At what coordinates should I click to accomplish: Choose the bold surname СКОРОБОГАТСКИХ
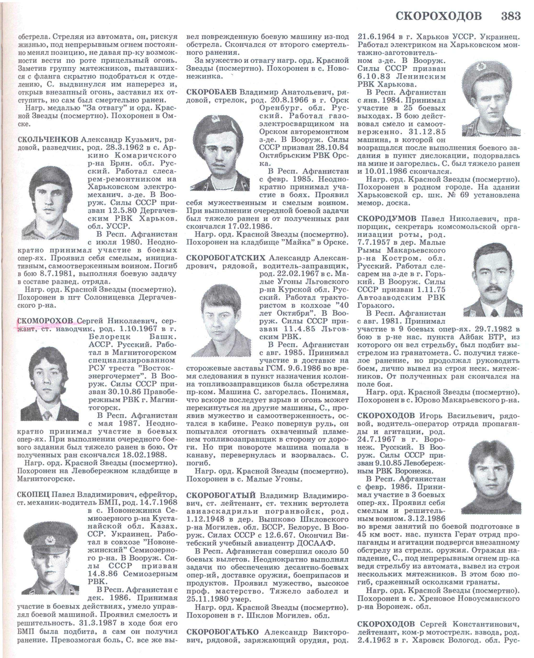pyautogui.click(x=226, y=257)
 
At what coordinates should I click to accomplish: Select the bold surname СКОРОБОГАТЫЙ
pyautogui.click(x=221, y=496)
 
